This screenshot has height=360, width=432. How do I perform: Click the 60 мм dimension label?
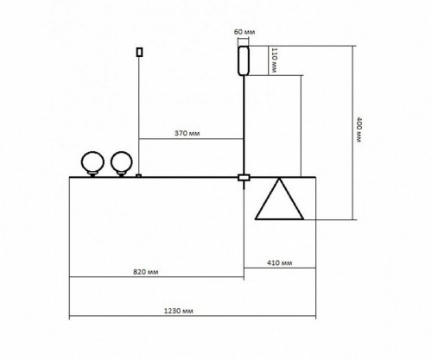tap(244, 32)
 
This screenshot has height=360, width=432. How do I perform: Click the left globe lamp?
tap(91, 161)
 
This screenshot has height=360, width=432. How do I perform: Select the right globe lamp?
tap(120, 161)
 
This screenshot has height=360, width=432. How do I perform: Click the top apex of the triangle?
tap(280, 180)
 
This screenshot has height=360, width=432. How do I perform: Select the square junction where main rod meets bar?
tap(244, 179)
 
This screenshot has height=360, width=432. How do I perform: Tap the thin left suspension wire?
tap(138, 112)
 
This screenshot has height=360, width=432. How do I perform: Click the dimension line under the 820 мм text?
tap(155, 277)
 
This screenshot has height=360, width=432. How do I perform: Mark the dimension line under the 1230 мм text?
tap(190, 317)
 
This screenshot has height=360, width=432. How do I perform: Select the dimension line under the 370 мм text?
tap(190, 140)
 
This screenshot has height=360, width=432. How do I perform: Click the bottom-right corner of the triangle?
tap(304, 219)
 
